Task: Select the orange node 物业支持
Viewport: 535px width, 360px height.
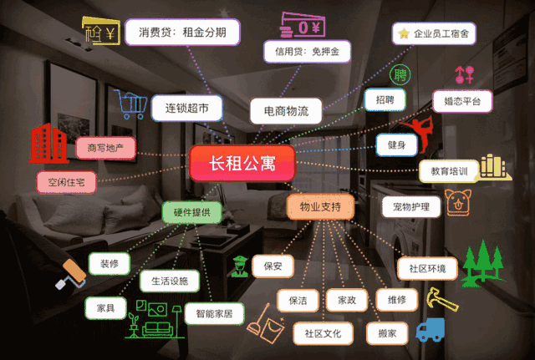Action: click(x=320, y=205)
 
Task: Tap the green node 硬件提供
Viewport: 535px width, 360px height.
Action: click(x=191, y=211)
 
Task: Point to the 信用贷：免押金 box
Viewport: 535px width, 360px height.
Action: click(x=307, y=52)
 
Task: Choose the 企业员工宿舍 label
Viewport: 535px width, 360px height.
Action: click(x=435, y=33)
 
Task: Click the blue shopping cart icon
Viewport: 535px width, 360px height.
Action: click(x=130, y=104)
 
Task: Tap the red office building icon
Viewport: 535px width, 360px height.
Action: click(x=48, y=144)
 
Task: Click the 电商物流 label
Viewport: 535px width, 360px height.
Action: click(x=286, y=110)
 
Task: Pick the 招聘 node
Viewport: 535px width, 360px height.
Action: click(x=385, y=99)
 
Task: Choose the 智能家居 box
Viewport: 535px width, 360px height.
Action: click(x=214, y=313)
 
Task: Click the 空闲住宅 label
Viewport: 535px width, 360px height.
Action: click(x=66, y=181)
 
